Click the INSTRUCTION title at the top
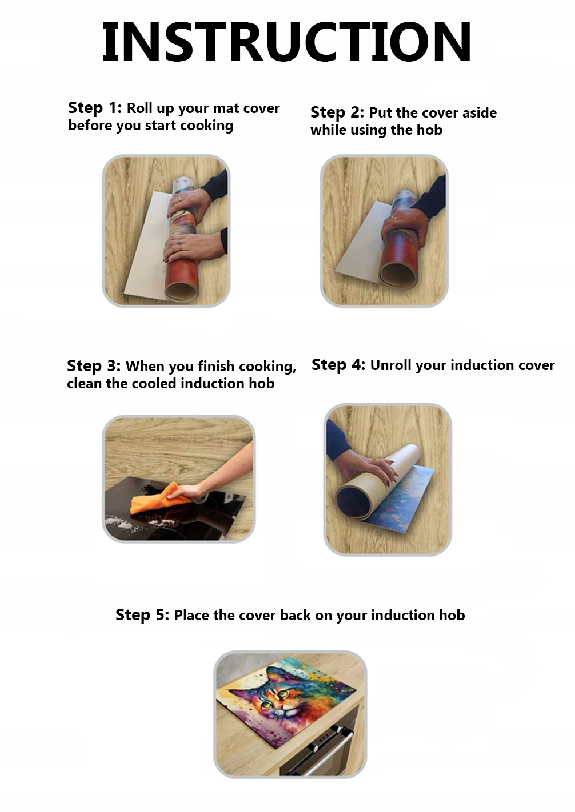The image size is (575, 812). coord(286,42)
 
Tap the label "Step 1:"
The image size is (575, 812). coord(95,108)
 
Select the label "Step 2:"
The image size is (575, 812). coord(337,112)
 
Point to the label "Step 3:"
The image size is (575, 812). coord(94,366)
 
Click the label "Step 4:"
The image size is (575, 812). coord(338,365)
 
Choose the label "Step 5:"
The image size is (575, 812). coord(142,615)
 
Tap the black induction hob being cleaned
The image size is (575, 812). coord(174,509)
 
